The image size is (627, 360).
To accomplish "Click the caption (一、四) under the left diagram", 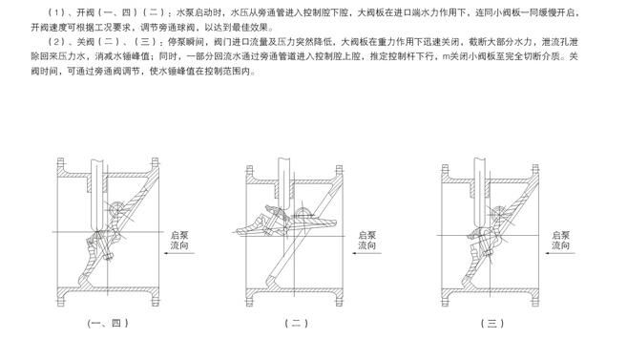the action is pyautogui.click(x=108, y=323).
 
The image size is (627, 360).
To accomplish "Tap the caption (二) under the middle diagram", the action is pyautogui.click(x=296, y=323).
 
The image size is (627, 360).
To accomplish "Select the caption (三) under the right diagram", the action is pyautogui.click(x=492, y=323).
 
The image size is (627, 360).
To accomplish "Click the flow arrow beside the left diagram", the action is pyautogui.click(x=179, y=253).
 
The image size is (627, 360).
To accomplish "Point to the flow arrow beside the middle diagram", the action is pyautogui.click(x=366, y=253).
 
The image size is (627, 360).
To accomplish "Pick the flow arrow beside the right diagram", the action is pyautogui.click(x=560, y=253).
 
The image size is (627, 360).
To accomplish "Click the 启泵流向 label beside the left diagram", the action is pyautogui.click(x=179, y=240).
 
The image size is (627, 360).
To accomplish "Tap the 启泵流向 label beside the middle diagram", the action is pyautogui.click(x=366, y=240).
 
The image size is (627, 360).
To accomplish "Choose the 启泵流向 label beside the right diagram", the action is pyautogui.click(x=560, y=240).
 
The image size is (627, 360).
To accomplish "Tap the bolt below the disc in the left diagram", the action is pyautogui.click(x=108, y=257).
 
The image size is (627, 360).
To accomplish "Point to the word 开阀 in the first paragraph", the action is pyautogui.click(x=85, y=12).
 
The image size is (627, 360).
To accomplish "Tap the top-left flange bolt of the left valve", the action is pyautogui.click(x=60, y=162).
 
